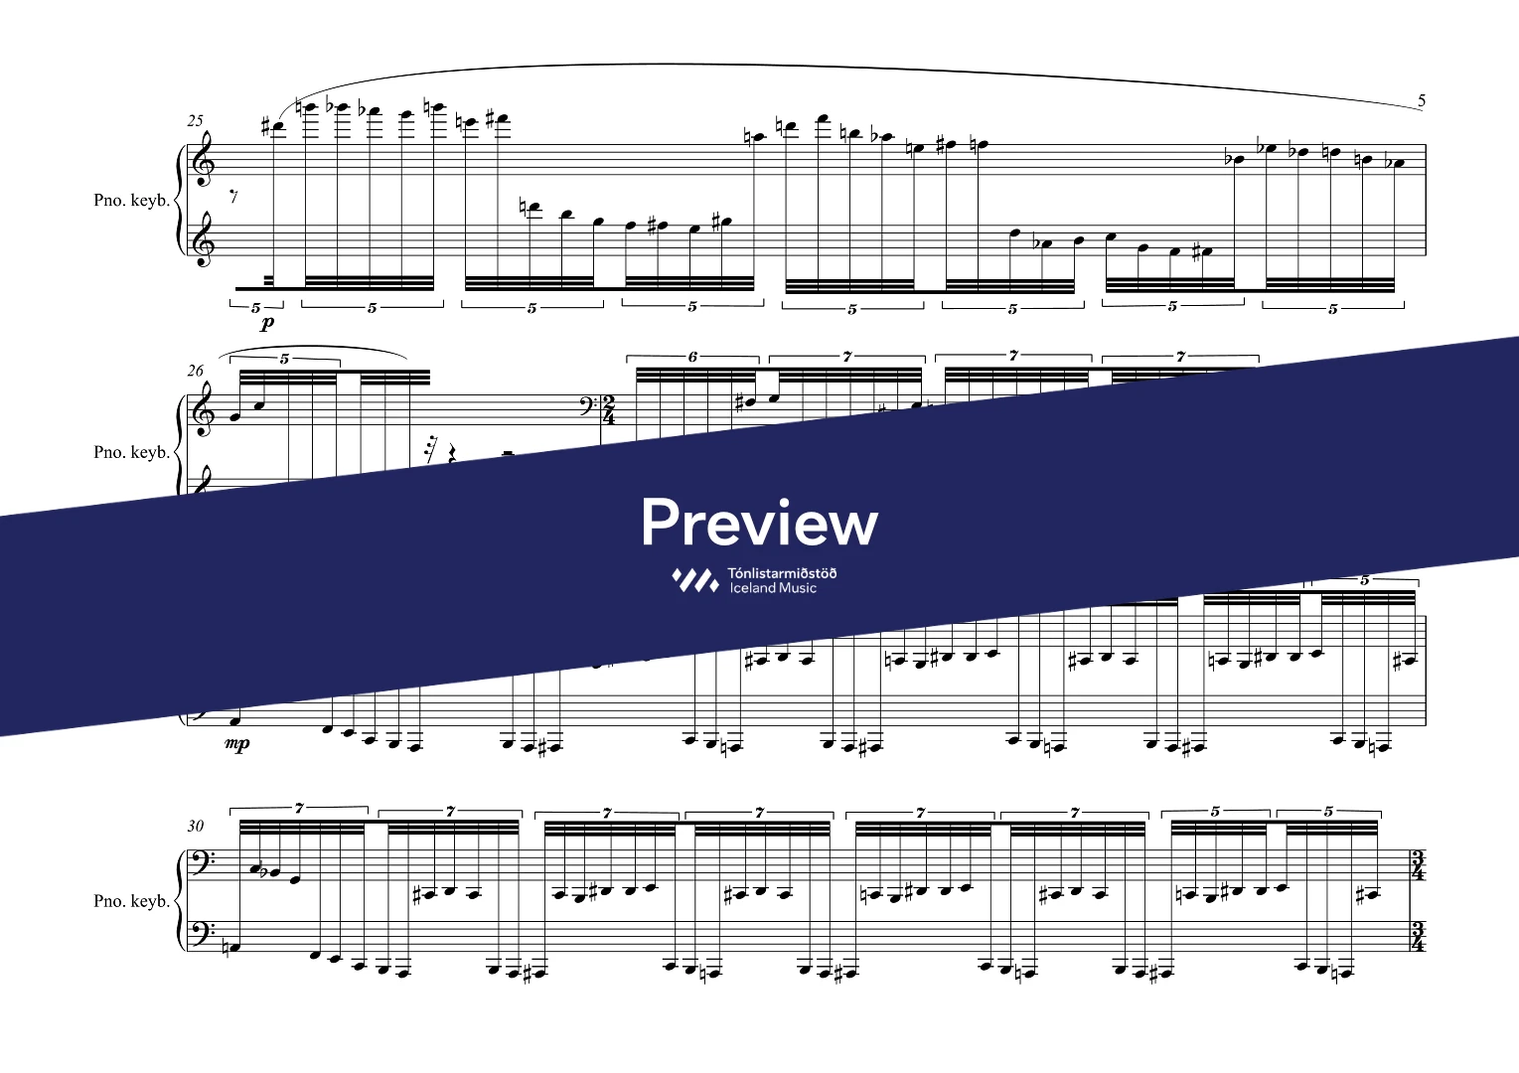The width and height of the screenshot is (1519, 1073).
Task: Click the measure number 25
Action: click(196, 121)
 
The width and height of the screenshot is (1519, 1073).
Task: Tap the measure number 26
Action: click(196, 371)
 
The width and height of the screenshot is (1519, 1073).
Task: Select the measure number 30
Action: click(196, 827)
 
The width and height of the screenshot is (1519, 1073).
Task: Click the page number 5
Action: click(1422, 101)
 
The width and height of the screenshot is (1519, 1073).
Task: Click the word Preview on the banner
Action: click(759, 522)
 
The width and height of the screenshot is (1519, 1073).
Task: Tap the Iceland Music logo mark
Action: click(695, 580)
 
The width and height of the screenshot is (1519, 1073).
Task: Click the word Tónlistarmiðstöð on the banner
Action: click(782, 574)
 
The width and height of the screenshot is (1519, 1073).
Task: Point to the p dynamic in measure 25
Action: click(267, 323)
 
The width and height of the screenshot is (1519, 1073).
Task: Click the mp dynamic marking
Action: click(237, 744)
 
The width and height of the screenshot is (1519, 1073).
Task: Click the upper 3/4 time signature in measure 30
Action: click(1418, 866)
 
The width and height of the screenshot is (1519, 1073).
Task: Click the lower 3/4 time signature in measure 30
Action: click(1418, 937)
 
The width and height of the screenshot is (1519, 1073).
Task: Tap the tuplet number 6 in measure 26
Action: click(692, 357)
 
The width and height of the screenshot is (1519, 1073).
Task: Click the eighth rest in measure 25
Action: click(233, 197)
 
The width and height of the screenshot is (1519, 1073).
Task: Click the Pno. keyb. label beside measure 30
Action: click(131, 901)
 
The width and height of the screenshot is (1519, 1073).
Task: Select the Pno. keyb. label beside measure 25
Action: click(131, 201)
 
